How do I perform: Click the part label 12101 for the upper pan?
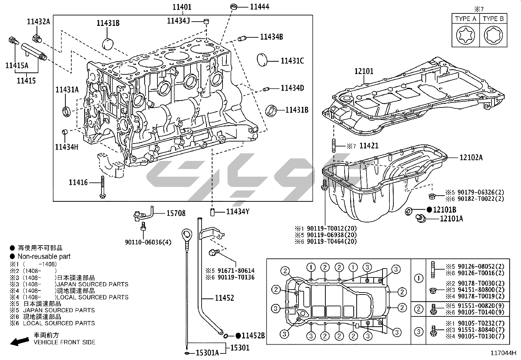coord(364,71)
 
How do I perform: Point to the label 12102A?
coord(471,158)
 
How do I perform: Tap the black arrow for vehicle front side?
coord(19,341)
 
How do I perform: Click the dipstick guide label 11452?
coord(224,298)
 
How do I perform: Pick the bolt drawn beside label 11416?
coord(103,187)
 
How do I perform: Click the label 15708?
coord(176,214)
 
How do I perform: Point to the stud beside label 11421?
coord(334,146)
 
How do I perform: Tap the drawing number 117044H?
coord(503,353)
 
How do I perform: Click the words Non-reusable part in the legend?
coord(44,256)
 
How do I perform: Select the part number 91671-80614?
coord(234,271)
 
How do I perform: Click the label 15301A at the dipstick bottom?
coord(207,352)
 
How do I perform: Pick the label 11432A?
coord(39,22)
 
